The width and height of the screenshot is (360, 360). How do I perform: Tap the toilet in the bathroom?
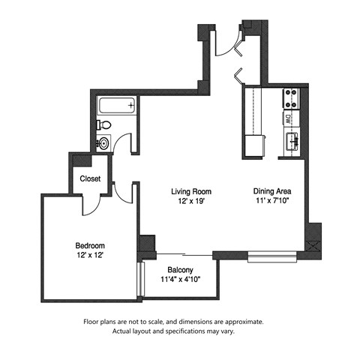coord(106,124)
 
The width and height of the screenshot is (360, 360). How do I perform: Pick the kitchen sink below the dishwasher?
coord(290,139)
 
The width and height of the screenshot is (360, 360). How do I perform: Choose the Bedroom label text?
coord(89,245)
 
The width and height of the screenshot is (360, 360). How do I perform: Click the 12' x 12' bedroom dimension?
coord(89,256)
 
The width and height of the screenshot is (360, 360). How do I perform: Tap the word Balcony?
coord(180,270)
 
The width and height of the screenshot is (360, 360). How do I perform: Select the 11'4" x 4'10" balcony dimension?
coord(180,280)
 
